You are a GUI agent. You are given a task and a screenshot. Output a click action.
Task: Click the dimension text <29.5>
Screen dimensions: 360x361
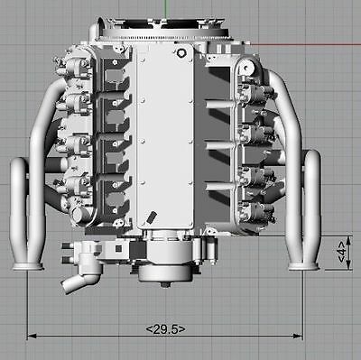[165, 329]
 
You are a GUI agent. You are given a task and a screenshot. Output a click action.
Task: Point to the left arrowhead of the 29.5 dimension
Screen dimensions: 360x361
[32, 332]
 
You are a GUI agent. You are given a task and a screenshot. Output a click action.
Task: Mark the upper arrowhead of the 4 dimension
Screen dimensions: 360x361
[341, 239]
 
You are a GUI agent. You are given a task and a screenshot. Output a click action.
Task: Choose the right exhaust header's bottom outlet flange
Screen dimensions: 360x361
[303, 266]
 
